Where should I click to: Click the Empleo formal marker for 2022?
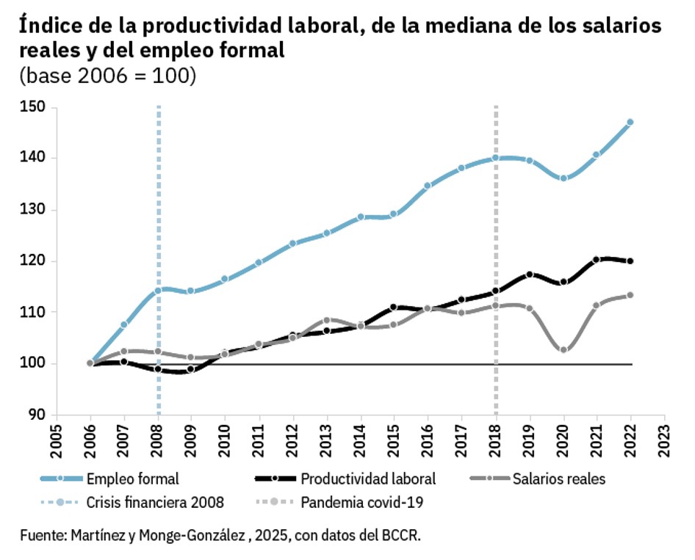pyautogui.click(x=630, y=122)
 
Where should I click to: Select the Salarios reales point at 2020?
pyautogui.click(x=563, y=350)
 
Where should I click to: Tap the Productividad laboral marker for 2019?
pyautogui.click(x=529, y=274)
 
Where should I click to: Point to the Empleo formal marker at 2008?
pyautogui.click(x=157, y=291)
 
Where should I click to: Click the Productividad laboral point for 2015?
pyautogui.click(x=394, y=308)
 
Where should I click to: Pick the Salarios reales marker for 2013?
pyautogui.click(x=326, y=321)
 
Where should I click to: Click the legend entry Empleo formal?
pyautogui.click(x=132, y=479)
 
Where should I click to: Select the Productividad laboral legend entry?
pyautogui.click(x=368, y=479)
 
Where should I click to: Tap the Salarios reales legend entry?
pyautogui.click(x=558, y=479)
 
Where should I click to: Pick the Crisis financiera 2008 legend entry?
pyautogui.click(x=154, y=503)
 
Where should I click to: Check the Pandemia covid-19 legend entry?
pyautogui.click(x=363, y=503)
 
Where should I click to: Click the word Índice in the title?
pyautogui.click(x=48, y=27)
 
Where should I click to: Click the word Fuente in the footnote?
pyautogui.click(x=41, y=535)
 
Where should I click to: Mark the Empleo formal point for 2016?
pyautogui.click(x=428, y=186)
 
